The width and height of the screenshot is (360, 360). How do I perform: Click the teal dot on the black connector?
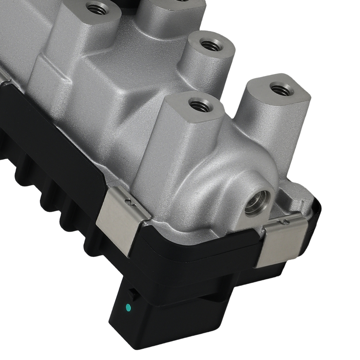(x=128, y=308)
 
